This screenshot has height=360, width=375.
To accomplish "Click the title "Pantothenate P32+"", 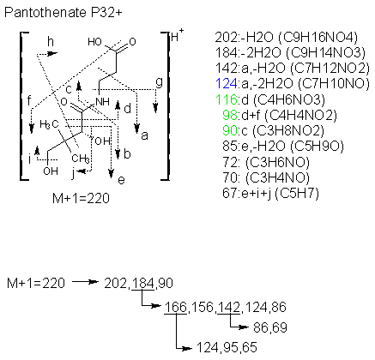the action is coord(64,13).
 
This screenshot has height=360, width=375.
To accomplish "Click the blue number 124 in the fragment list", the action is coord(227,83).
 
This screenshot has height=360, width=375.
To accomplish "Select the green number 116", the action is coord(227,99).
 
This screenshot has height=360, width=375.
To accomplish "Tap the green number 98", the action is coord(230,115).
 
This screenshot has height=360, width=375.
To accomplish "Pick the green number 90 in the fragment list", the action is coord(230,130).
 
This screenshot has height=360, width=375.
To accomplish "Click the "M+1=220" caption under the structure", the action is coord(81,198).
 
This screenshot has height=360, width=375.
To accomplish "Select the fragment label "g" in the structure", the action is coord(159,83).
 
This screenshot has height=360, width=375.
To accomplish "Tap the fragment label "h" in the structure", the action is coord(51,42).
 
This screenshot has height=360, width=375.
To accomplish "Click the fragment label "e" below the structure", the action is coord(121,180).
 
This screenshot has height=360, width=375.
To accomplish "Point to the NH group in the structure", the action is coord(102,101).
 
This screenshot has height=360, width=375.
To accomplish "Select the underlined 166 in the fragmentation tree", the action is coord(176,307).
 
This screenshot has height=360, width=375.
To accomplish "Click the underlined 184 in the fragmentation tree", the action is coord(143,283).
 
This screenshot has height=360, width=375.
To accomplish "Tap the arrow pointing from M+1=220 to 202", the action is coord(86,282).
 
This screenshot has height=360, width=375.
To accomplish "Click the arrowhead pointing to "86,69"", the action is coord(244,327).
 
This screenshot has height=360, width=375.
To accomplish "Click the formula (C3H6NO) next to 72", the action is coord(277,163).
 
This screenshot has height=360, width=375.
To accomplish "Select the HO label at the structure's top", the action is coord(94,42).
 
